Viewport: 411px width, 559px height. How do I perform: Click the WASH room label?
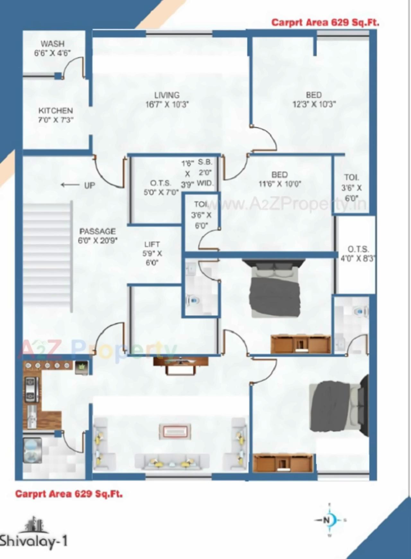click(x=52, y=48)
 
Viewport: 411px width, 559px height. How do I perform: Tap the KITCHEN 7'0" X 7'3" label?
click(x=56, y=115)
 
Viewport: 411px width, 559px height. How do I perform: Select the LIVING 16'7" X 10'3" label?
click(x=167, y=100)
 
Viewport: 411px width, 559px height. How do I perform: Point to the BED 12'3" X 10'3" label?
click(x=314, y=100)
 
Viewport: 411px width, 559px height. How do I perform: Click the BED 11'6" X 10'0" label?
click(x=279, y=179)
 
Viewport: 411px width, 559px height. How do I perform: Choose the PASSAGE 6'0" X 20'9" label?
click(x=97, y=236)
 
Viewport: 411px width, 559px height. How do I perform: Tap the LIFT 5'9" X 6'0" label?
click(x=152, y=253)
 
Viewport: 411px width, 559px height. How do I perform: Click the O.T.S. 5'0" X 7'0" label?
click(x=161, y=188)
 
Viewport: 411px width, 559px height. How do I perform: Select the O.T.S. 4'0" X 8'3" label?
click(x=358, y=254)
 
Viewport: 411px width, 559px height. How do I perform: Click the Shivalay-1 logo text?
click(x=34, y=541)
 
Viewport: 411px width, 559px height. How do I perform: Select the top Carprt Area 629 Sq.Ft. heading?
click(x=325, y=22)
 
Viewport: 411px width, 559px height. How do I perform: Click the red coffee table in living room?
click(x=175, y=431)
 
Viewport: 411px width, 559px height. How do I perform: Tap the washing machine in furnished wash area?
click(x=32, y=451)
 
